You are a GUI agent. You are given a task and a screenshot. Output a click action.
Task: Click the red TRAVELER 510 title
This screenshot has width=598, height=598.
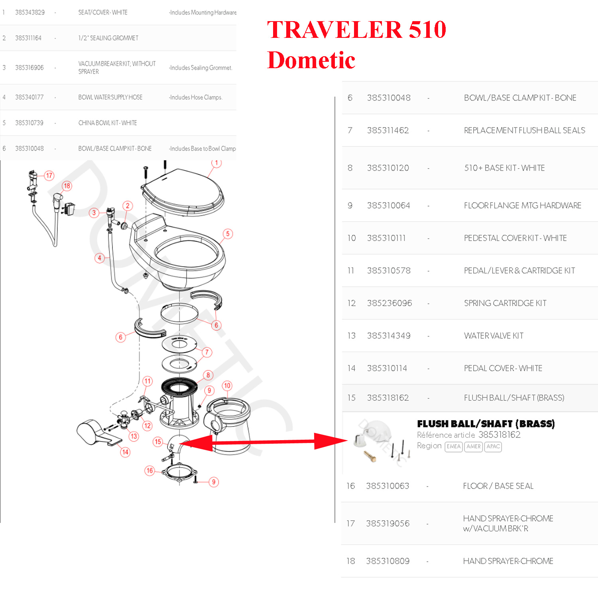[356, 30]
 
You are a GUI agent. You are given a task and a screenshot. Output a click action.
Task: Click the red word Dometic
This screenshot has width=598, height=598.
[311, 60]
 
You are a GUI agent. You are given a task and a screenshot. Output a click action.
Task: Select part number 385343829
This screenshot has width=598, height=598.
[30, 12]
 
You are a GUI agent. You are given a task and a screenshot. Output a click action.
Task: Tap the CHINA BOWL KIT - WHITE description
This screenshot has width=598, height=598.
[108, 123]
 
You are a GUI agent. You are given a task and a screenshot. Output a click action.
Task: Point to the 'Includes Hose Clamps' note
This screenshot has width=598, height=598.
[195, 97]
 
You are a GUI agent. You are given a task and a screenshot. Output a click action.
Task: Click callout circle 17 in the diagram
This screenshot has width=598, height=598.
[49, 175]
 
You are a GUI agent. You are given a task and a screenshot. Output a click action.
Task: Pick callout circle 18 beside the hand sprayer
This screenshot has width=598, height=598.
[67, 186]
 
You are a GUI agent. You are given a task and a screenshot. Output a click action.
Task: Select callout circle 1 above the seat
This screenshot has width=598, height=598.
[216, 163]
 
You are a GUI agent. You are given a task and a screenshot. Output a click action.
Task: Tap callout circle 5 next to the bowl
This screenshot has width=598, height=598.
[228, 234]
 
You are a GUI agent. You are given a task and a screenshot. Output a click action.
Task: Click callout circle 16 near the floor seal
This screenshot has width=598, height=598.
[149, 470]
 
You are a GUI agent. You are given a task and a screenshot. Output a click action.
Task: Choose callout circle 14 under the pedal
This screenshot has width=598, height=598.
[125, 452]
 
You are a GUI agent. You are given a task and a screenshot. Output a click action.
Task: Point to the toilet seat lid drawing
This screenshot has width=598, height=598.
[183, 191]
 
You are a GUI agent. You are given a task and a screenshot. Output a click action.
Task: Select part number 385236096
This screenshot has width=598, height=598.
[389, 303]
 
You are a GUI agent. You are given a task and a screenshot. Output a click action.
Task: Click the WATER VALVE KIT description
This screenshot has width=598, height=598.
[494, 336]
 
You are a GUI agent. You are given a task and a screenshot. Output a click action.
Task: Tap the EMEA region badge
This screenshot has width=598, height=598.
[454, 447]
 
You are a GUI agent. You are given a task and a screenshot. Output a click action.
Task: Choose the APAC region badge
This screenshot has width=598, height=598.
[493, 447]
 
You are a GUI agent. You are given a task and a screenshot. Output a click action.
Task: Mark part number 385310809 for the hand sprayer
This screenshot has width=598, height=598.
[388, 561]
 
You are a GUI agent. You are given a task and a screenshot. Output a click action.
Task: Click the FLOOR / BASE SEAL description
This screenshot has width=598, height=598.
[498, 486]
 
